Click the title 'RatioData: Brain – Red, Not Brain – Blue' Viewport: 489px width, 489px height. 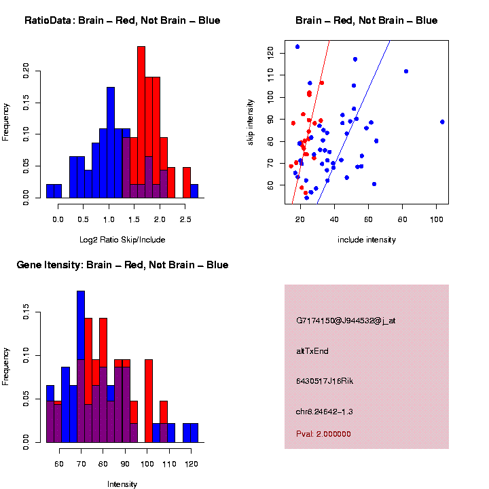point(122,20)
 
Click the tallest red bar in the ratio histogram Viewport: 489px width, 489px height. point(141,122)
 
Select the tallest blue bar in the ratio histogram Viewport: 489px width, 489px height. point(111,143)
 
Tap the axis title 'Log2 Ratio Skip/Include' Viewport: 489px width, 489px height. point(122,240)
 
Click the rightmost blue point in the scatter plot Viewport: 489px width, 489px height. point(442,122)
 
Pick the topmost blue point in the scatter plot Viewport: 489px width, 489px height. point(297,47)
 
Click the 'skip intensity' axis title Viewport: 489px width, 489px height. point(250,122)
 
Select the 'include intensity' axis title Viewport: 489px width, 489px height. point(367,240)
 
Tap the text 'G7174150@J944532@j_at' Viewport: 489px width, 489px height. point(346,321)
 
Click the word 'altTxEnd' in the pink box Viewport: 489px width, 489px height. point(312,351)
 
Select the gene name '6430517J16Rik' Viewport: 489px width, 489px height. point(325,381)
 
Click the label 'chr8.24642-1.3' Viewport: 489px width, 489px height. point(325,412)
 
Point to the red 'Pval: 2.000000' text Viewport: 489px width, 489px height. point(323,434)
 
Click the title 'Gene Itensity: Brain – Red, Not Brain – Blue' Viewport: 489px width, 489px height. point(122,265)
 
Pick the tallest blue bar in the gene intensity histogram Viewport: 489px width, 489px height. point(81,367)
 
